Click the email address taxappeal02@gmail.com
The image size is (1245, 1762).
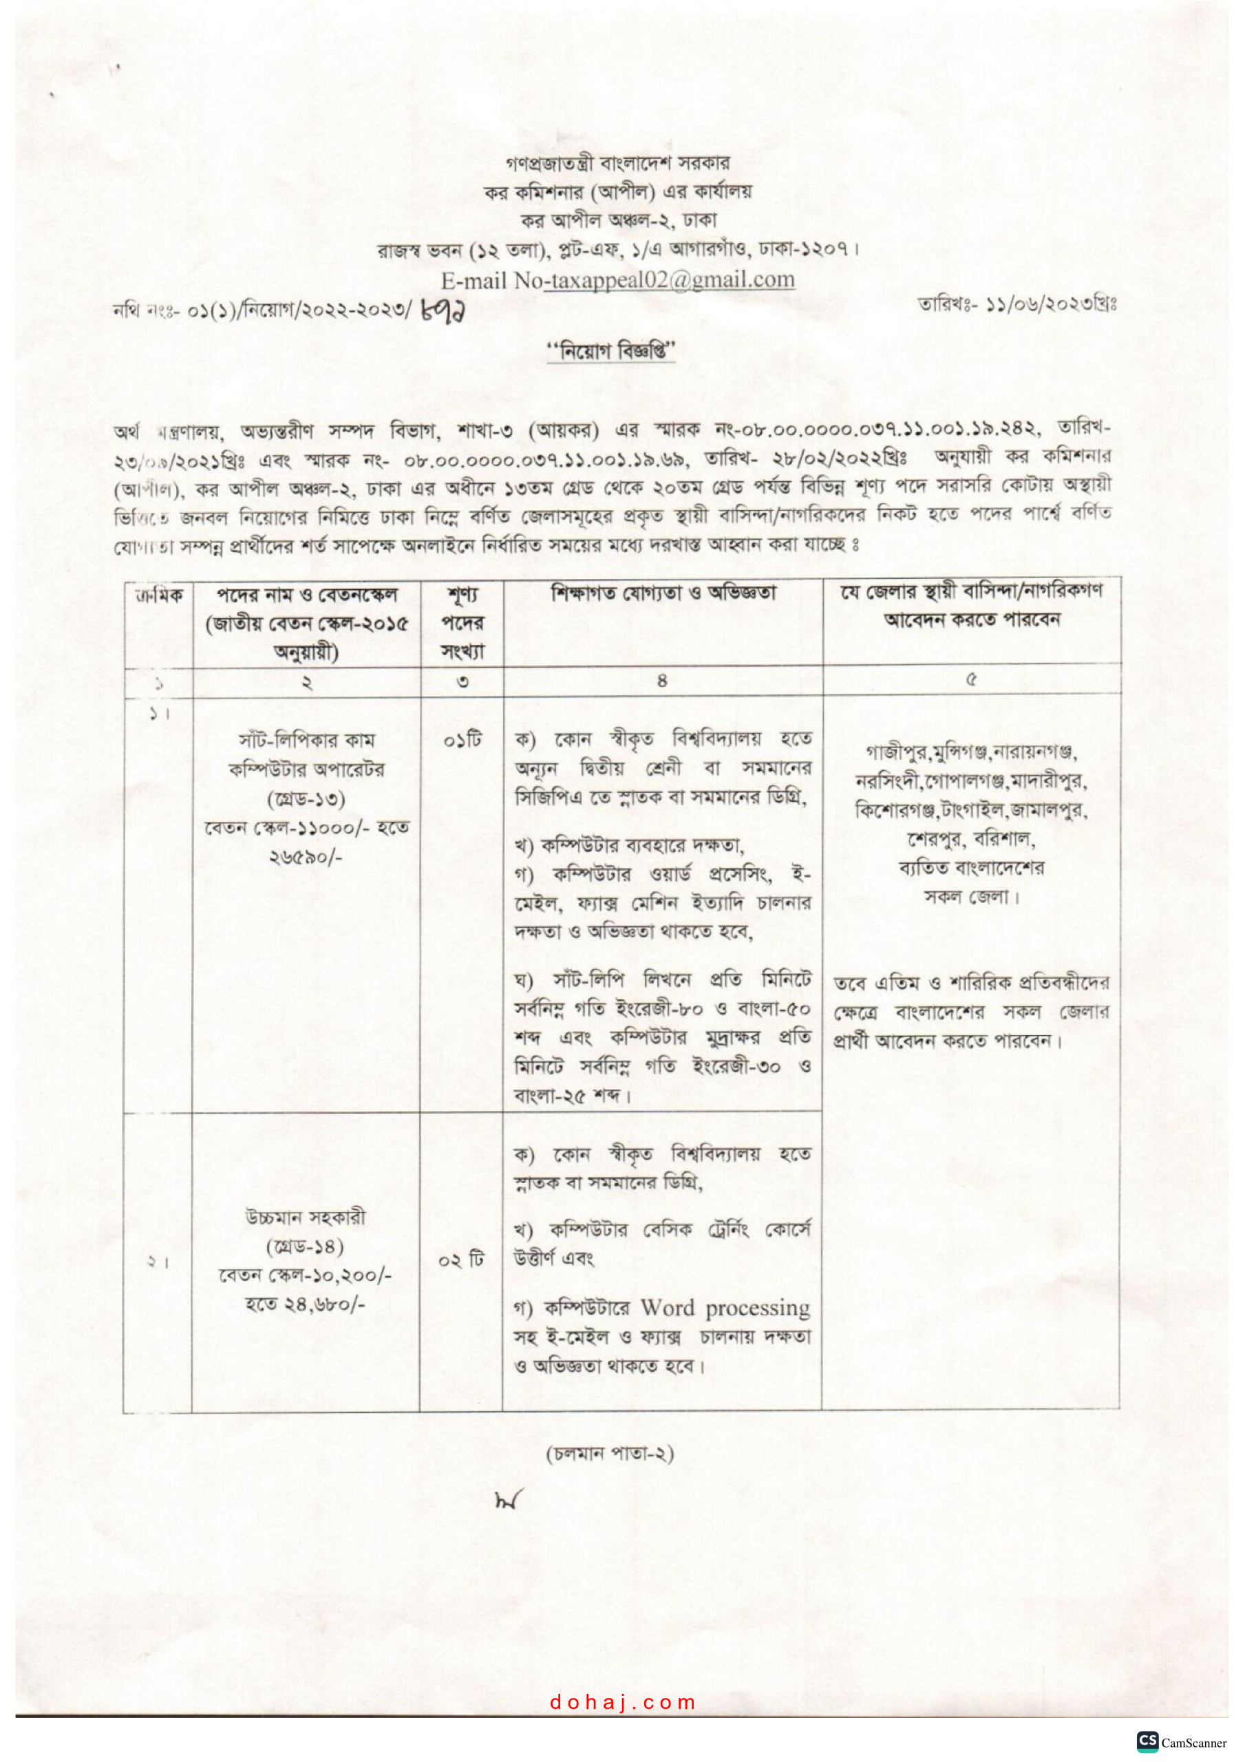(x=670, y=280)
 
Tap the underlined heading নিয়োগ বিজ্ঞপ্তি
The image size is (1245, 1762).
(x=610, y=352)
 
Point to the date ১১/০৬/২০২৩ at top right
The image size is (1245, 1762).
(x=1039, y=305)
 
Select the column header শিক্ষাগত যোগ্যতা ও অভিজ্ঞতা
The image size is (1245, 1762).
(x=663, y=593)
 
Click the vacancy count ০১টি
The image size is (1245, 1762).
(x=462, y=740)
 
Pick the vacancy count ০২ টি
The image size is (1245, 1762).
(x=461, y=1260)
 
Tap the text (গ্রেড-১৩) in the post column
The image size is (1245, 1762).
(x=306, y=799)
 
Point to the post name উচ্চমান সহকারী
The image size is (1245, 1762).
(x=306, y=1217)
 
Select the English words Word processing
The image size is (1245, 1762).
(x=725, y=1308)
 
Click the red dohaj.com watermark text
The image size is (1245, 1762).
(x=622, y=1702)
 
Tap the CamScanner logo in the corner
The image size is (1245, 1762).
(x=1147, y=1741)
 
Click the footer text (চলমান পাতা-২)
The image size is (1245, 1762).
(x=610, y=1454)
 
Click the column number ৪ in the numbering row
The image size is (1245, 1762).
(x=662, y=680)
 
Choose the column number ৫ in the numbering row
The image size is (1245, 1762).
(x=971, y=679)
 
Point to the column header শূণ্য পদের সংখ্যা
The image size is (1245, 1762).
(x=462, y=622)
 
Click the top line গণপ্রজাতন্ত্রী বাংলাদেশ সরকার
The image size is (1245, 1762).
(x=618, y=162)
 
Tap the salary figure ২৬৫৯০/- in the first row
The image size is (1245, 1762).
(x=306, y=856)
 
